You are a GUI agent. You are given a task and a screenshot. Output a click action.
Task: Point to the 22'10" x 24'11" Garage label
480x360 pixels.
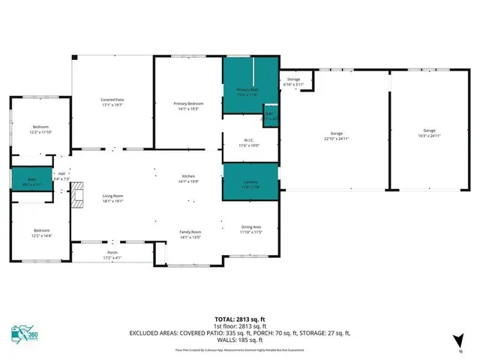coord(336,135)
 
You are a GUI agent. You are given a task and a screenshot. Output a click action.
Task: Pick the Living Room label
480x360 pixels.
coord(112,198)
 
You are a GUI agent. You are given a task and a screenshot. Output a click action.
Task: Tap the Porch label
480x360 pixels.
coord(112,255)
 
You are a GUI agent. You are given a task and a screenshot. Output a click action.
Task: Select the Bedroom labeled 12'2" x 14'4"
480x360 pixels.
coord(40,233)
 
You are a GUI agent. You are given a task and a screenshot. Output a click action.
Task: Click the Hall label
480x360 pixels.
coord(60,178)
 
